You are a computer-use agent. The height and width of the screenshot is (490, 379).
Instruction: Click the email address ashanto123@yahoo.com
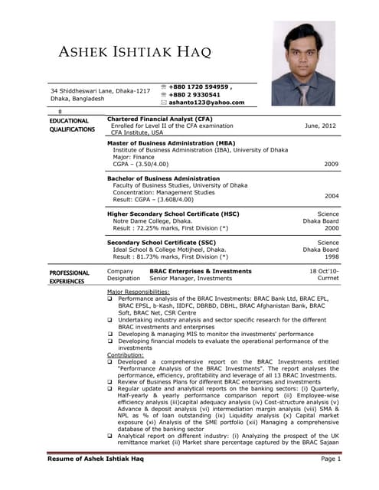click(x=207, y=102)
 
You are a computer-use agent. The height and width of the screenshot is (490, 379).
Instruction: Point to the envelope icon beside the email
click(x=164, y=102)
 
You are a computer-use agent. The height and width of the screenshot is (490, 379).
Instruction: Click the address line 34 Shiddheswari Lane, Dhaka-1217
click(x=100, y=91)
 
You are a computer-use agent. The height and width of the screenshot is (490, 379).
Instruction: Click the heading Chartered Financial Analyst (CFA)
click(x=160, y=119)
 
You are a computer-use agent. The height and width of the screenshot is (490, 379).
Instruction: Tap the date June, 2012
click(x=320, y=125)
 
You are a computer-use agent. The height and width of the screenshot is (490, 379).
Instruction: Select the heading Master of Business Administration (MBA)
click(x=172, y=143)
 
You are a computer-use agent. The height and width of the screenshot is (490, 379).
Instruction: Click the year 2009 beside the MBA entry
click(x=331, y=164)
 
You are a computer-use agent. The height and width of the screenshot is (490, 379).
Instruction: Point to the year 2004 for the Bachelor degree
click(x=331, y=196)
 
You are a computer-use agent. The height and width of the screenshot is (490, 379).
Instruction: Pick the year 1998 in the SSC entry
click(x=331, y=257)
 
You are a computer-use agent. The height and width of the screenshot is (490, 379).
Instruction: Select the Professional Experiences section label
click(x=70, y=276)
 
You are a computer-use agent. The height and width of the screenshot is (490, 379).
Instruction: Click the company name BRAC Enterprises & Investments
click(x=200, y=271)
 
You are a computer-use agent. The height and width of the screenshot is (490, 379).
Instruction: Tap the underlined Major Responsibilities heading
click(x=138, y=292)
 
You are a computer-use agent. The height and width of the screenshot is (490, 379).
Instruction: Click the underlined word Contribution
click(x=125, y=355)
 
